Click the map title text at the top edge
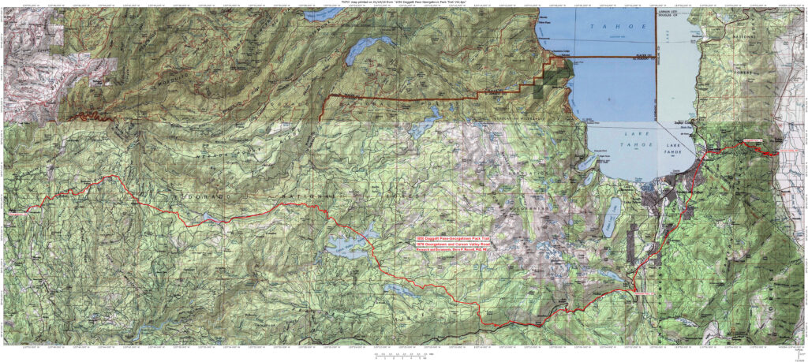coord(403,3)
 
